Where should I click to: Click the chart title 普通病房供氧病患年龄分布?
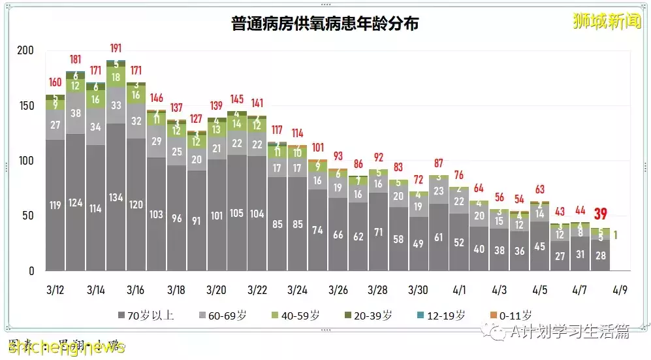tap(325, 24)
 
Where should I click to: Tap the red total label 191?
tap(116, 48)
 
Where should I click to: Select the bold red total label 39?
tap(601, 214)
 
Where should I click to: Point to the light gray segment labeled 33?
tap(116, 105)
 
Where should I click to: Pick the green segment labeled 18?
tap(116, 77)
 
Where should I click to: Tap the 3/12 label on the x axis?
tap(55, 289)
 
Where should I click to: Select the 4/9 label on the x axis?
tap(620, 289)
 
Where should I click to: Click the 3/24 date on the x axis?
tap(297, 289)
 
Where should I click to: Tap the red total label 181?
tap(76, 60)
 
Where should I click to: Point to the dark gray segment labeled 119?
tap(55, 205)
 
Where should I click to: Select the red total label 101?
tap(317, 148)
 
